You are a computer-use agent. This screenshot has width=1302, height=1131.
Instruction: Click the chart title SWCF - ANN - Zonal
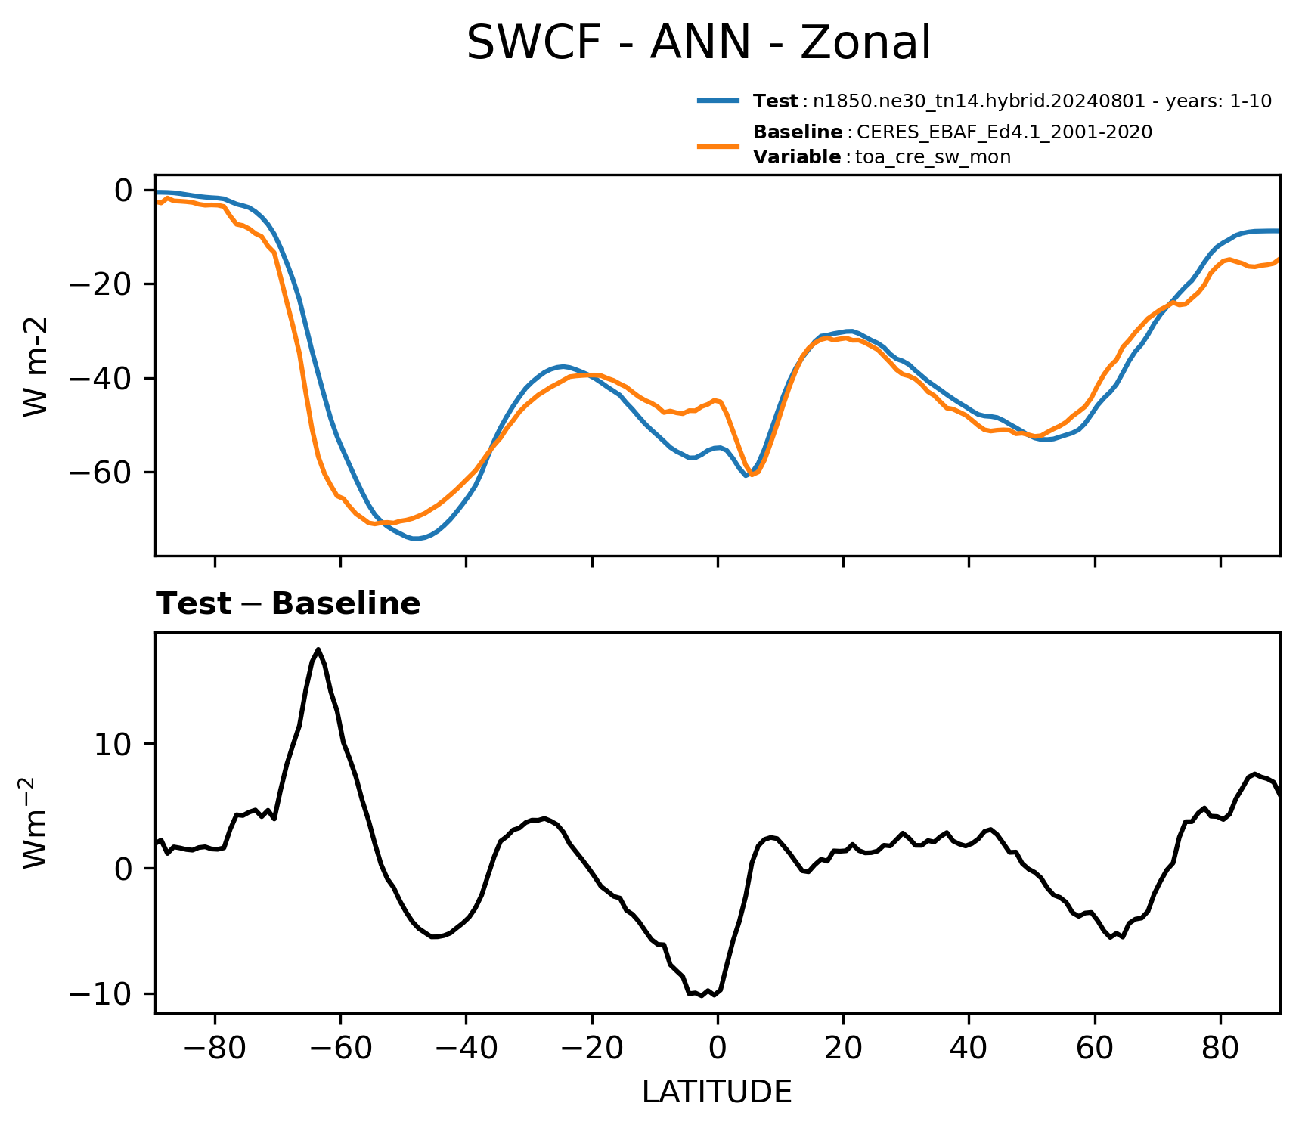click(x=699, y=43)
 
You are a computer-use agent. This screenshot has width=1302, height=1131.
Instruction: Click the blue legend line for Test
click(x=718, y=101)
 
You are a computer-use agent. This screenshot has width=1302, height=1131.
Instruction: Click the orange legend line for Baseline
click(x=718, y=145)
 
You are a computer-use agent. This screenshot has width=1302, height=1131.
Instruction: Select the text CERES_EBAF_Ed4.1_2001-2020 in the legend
click(x=1005, y=132)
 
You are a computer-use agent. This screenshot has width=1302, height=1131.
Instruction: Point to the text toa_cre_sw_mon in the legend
click(x=933, y=157)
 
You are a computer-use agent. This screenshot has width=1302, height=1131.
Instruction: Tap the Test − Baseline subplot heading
click(x=288, y=604)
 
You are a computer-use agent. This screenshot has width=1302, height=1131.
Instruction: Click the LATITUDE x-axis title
click(x=717, y=1092)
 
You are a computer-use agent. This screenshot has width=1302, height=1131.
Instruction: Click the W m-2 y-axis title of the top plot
click(x=36, y=366)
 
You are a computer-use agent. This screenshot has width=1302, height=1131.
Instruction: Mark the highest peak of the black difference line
click(x=318, y=649)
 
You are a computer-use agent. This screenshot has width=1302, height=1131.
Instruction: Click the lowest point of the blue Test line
click(x=415, y=538)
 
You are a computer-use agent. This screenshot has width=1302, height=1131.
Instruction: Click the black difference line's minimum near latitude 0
click(x=702, y=996)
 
